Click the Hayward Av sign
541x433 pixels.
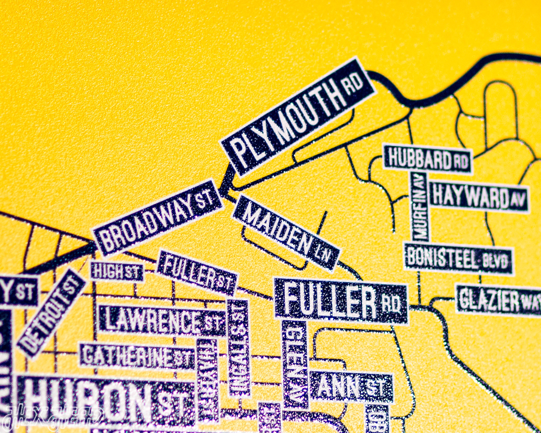coord(478,197)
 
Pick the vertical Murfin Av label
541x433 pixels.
coord(420,207)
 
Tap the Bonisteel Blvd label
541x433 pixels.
coord(458,259)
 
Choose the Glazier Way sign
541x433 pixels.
coord(498,300)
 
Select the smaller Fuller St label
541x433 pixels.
coord(196,272)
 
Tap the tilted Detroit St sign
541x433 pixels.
coord(51,312)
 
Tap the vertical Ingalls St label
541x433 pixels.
coord(239,347)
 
